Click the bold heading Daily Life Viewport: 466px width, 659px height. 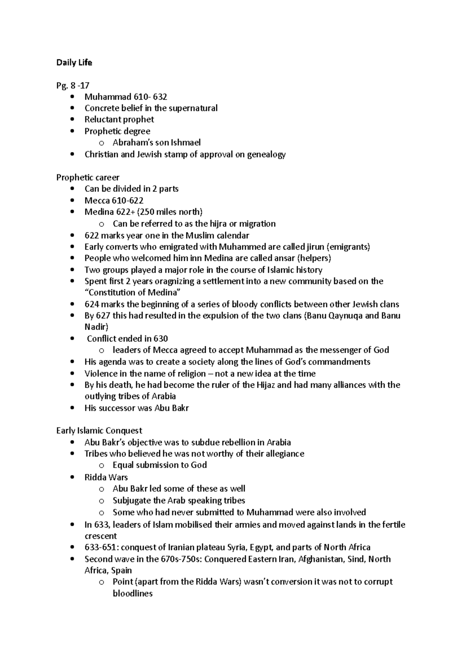(x=74, y=62)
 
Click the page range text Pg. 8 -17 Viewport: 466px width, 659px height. (x=73, y=85)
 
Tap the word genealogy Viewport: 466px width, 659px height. (x=267, y=154)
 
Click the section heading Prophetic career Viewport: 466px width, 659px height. (x=88, y=177)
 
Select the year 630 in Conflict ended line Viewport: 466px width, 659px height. (x=160, y=338)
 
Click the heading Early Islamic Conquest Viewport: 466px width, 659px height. (x=99, y=431)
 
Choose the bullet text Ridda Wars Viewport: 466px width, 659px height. (x=106, y=477)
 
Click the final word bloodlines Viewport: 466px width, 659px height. (x=132, y=593)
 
